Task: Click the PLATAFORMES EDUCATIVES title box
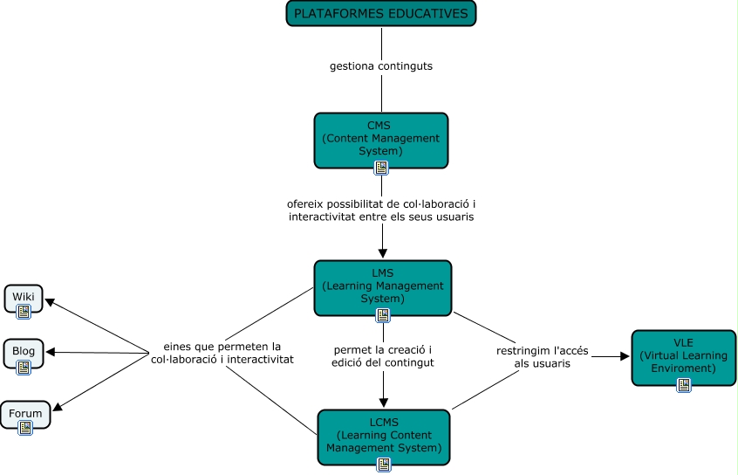381,14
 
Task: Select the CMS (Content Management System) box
380,138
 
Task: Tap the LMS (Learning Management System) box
383,286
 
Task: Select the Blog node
24,352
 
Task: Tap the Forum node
25,414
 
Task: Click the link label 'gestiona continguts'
381,65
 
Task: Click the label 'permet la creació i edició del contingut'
383,355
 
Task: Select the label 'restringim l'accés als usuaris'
543,356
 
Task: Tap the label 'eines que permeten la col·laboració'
222,352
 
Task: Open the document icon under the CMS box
381,168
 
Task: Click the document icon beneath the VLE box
683,385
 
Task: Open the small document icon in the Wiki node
24,310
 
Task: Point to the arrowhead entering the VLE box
624,356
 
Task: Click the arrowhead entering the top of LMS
383,253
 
